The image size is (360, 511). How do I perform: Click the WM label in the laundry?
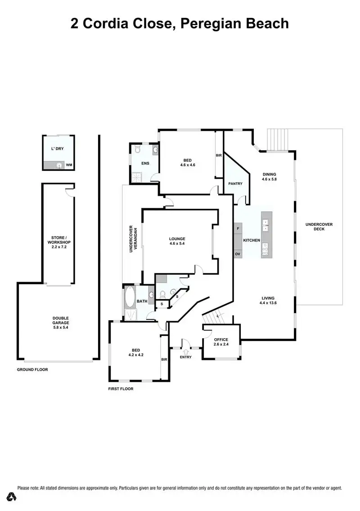point(69,166)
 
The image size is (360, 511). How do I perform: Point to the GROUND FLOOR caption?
point(32,369)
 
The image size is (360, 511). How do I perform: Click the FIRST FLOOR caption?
point(121,389)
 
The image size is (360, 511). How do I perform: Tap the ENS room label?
point(145,163)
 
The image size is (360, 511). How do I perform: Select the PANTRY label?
point(235,184)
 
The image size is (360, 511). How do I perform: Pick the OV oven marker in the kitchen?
point(238,254)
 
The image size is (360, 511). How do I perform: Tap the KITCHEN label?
point(252,240)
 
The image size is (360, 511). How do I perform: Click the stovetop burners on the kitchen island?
point(266,249)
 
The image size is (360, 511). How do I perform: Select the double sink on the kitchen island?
point(266,225)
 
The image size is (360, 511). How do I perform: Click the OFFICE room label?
point(221,340)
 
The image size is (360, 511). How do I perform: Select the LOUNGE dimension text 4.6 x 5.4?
point(177,243)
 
